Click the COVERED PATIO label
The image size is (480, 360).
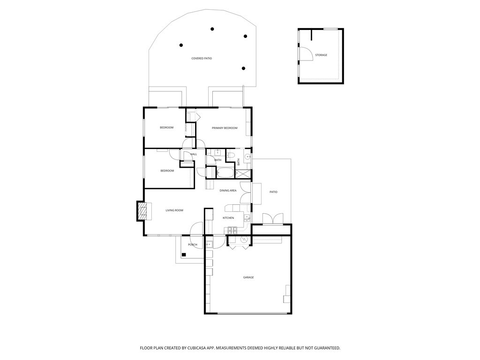(202, 59)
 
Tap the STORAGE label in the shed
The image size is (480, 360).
(321, 55)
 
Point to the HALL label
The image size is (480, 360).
(194, 154)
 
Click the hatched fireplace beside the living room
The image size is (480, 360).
(142, 211)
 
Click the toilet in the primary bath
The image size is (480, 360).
(231, 155)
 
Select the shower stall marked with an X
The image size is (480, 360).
(246, 173)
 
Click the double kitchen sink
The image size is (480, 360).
(247, 218)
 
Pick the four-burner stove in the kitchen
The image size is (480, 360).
(232, 230)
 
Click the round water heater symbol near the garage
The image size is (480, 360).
(244, 240)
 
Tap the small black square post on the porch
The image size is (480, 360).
(184, 255)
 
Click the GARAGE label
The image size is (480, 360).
(248, 277)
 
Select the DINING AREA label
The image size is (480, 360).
(228, 191)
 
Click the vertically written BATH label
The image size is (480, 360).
(239, 162)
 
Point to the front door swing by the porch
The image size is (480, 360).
(196, 229)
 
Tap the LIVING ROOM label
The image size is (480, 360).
(174, 210)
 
